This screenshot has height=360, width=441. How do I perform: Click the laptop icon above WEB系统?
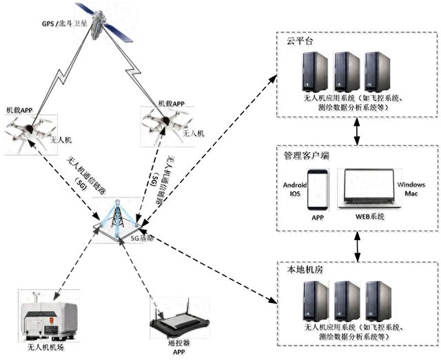[369, 189]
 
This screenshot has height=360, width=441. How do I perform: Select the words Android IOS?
[294, 189]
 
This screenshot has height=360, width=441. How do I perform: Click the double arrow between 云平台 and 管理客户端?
[357, 131]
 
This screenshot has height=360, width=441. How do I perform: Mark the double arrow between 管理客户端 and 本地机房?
[357, 245]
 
